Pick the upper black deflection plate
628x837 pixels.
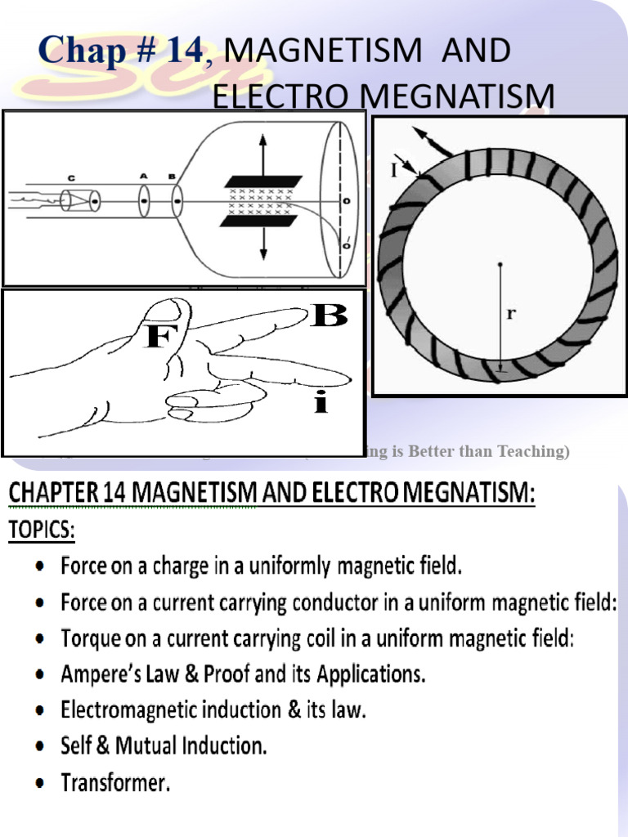pos(262,181)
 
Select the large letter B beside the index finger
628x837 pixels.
pos(330,316)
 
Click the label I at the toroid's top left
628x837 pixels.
pos(395,171)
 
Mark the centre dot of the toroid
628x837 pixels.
pos(500,264)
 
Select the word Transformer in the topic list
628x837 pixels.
pos(115,783)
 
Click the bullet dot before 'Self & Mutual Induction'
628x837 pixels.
pos(40,747)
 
